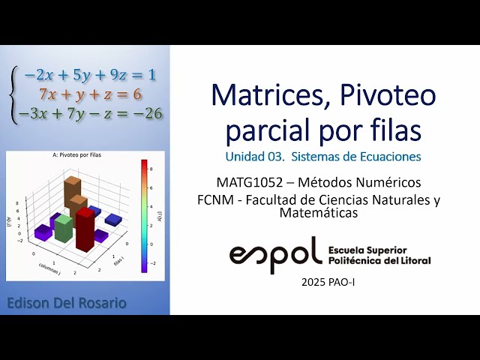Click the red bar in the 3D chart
[x=85, y=229]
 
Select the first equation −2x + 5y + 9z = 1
[x=89, y=75]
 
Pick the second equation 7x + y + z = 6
[x=89, y=94]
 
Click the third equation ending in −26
[x=90, y=114]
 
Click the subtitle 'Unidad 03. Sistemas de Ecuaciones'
[x=322, y=157]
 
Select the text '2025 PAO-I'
[x=328, y=283]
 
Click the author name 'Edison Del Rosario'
[x=66, y=303]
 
